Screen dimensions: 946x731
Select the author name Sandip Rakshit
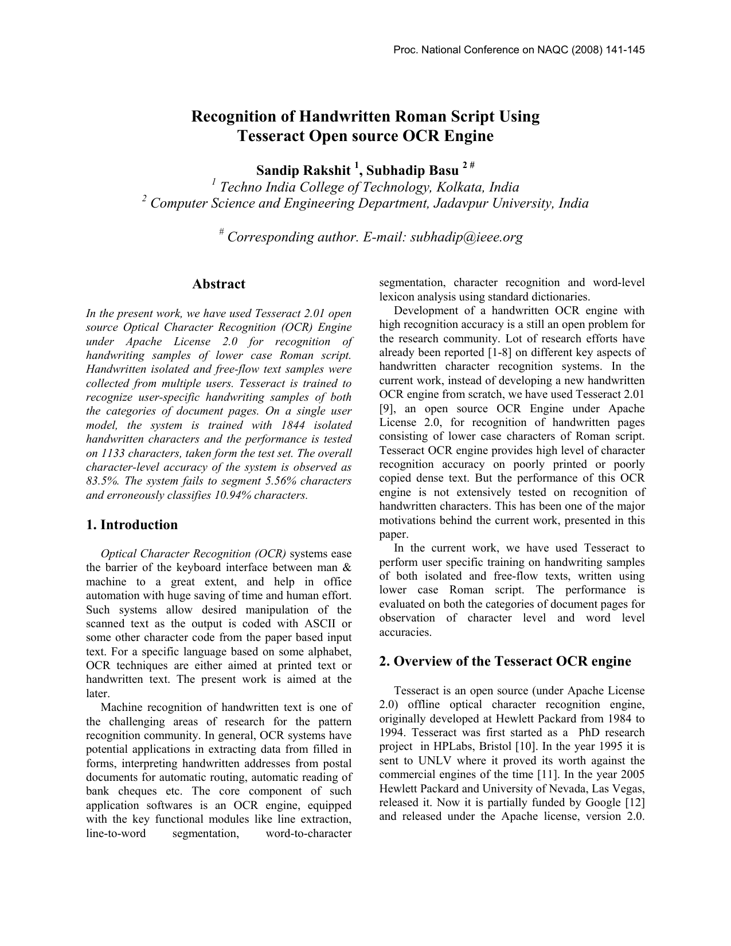303,170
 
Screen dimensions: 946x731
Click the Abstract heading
218,284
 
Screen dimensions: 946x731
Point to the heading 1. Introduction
132,525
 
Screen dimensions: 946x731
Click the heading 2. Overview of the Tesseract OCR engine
505,662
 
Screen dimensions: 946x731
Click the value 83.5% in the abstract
100,481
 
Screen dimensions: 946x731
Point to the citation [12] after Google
635,803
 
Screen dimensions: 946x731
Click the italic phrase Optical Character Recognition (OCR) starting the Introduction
193,554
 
